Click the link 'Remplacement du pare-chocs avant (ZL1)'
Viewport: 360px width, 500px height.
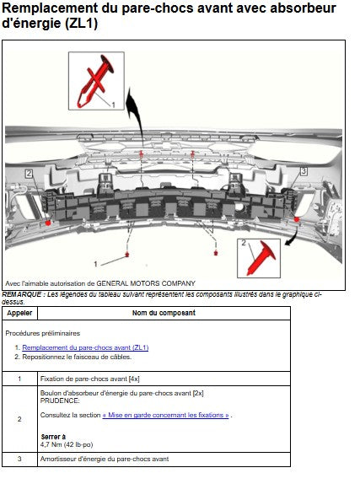[x=85, y=347]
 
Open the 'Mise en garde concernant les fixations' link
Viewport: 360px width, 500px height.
[x=165, y=415]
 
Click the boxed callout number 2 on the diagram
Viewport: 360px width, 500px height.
[x=29, y=174]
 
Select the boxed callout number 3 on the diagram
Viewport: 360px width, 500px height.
[x=304, y=171]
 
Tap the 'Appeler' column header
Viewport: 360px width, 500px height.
[x=19, y=313]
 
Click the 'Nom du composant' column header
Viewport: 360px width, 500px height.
[x=164, y=313]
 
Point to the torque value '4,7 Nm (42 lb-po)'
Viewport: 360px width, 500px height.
[x=67, y=444]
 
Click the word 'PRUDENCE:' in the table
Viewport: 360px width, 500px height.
[x=60, y=401]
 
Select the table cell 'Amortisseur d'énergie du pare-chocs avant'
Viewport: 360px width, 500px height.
[x=105, y=459]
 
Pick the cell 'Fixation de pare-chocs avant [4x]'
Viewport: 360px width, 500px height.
[x=90, y=379]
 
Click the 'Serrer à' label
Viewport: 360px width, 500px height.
[x=53, y=437]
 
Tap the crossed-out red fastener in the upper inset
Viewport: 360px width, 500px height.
[x=95, y=81]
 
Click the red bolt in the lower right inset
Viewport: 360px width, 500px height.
[x=261, y=259]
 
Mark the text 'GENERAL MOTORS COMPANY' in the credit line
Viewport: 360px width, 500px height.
[x=146, y=283]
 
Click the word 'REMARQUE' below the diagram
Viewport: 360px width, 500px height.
[x=22, y=294]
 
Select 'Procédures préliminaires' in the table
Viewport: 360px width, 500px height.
[x=43, y=333]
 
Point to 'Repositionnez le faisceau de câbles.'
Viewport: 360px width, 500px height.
[x=77, y=357]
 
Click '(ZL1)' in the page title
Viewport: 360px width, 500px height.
[x=81, y=24]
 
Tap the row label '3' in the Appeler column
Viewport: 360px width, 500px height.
[x=19, y=459]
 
